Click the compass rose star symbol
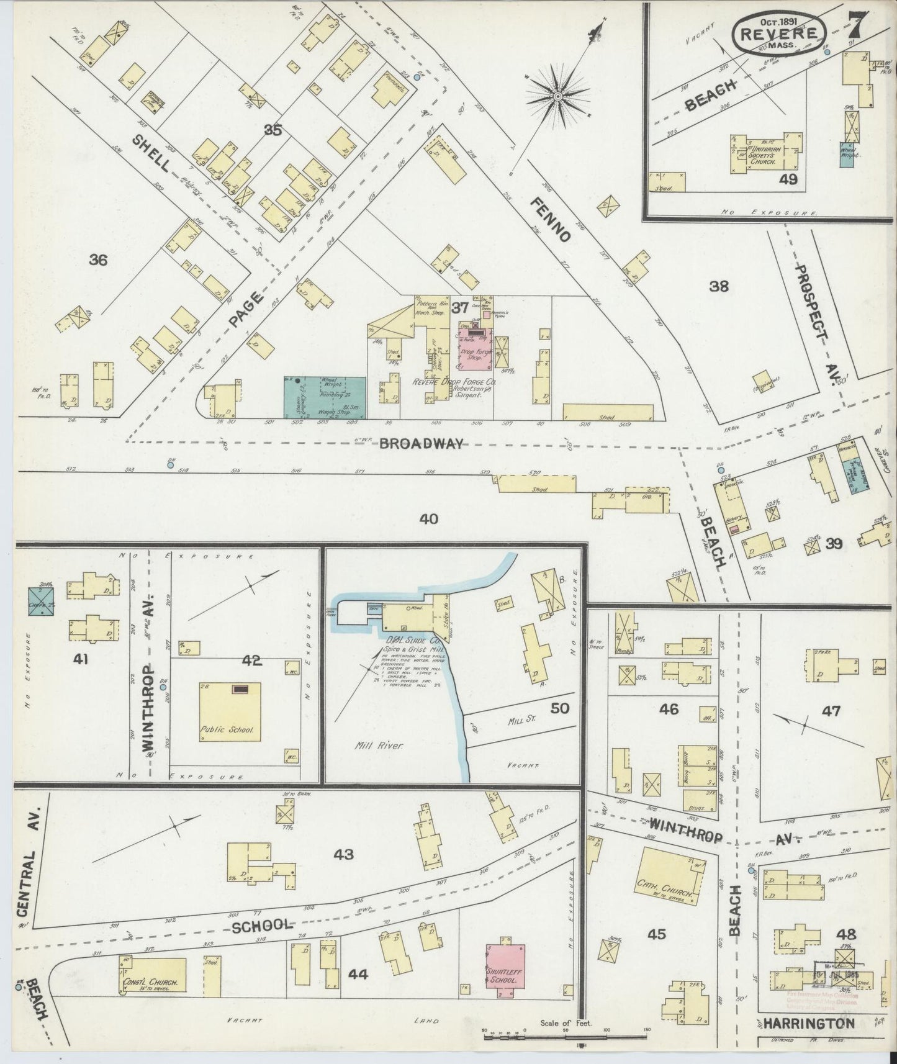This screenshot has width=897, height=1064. [557, 96]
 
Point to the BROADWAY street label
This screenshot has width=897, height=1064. [421, 443]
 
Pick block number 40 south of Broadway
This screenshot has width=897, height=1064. [428, 518]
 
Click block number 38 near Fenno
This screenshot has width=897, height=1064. [719, 286]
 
